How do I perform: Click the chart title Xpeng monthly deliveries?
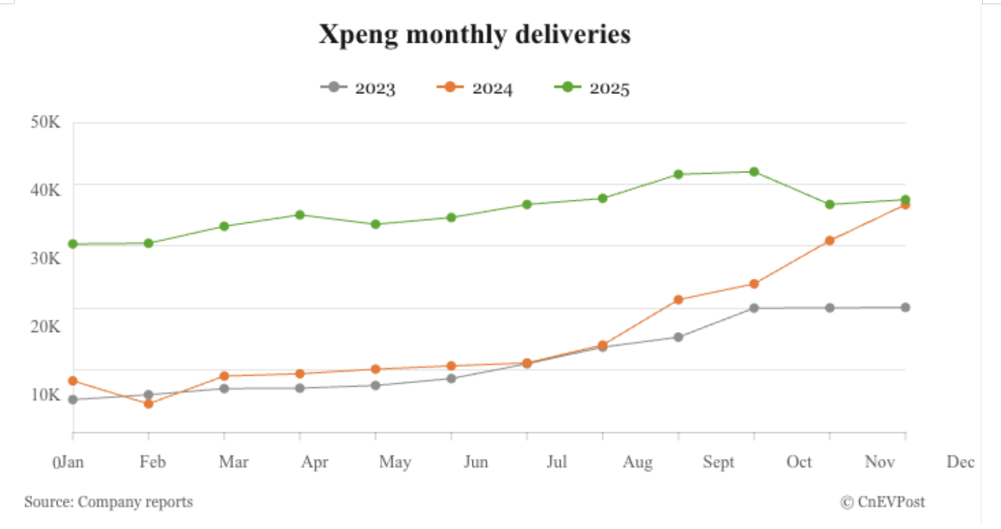tap(475, 34)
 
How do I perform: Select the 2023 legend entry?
tap(358, 88)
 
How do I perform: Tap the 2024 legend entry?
tap(475, 88)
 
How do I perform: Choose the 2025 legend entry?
tap(592, 88)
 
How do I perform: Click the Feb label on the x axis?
tap(153, 462)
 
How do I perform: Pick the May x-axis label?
tap(395, 462)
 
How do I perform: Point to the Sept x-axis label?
tap(719, 462)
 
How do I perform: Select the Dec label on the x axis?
tap(960, 462)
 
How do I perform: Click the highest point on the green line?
tap(754, 172)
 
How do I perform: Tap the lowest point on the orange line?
tap(149, 404)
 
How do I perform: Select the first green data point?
tap(73, 244)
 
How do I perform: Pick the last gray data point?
tap(906, 308)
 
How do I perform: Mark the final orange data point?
tap(906, 205)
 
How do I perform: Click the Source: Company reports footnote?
tap(109, 502)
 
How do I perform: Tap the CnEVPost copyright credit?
tap(883, 502)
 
